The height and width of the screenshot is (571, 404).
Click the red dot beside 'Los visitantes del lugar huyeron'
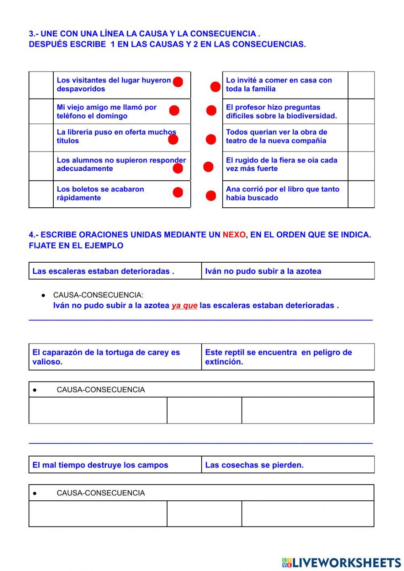178,82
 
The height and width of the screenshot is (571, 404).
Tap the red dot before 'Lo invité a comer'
215,87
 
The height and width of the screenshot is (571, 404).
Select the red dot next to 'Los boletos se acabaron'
178,193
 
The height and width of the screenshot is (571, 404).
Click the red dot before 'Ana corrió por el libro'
211,196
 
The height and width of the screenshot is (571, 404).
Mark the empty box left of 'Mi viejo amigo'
41,112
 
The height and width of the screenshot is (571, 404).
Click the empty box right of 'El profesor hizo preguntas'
361,112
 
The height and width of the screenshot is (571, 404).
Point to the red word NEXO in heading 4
234,235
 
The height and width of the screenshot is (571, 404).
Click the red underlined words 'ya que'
184,306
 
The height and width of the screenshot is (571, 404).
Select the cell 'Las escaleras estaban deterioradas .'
115,271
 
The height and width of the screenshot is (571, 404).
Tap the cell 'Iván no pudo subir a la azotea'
288,271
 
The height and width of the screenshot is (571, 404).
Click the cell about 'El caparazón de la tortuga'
115,357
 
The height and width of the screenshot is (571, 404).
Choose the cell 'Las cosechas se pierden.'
288,465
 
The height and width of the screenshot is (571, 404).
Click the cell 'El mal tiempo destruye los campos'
115,465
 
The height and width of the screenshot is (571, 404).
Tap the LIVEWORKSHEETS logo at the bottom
341,563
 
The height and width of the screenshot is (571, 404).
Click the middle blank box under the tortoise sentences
204,410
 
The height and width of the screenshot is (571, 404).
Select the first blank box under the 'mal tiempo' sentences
98,514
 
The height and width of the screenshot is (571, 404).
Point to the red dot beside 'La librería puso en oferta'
173,139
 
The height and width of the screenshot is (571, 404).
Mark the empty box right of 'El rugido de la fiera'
361,166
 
